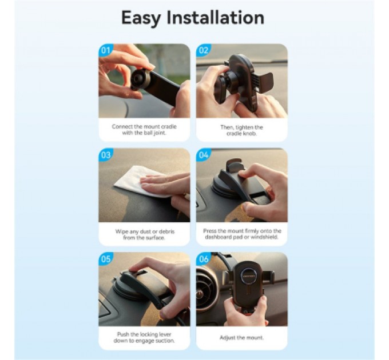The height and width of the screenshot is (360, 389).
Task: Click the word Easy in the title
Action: point(141,18)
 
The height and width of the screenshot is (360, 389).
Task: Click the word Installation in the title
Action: point(215,17)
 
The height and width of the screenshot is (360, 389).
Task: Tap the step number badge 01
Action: point(105,50)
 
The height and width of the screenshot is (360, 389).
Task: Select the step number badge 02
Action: point(203,50)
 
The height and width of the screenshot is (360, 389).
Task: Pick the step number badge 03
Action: point(105,155)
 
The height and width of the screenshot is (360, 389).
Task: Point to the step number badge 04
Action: point(203,155)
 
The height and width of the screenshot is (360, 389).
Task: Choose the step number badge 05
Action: point(105,259)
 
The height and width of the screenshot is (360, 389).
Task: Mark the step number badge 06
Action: point(203,259)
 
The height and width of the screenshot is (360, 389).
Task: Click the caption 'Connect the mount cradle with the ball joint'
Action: point(144,130)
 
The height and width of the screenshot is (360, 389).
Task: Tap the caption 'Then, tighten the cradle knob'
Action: point(241,130)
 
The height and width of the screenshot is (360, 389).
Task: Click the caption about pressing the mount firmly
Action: point(242,234)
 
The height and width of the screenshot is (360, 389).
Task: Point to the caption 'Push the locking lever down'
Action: point(144,338)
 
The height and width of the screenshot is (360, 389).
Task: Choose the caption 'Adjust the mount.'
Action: point(241,338)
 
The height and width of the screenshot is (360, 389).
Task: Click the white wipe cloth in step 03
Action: point(139,182)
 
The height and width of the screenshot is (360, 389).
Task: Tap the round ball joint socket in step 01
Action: point(138,79)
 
